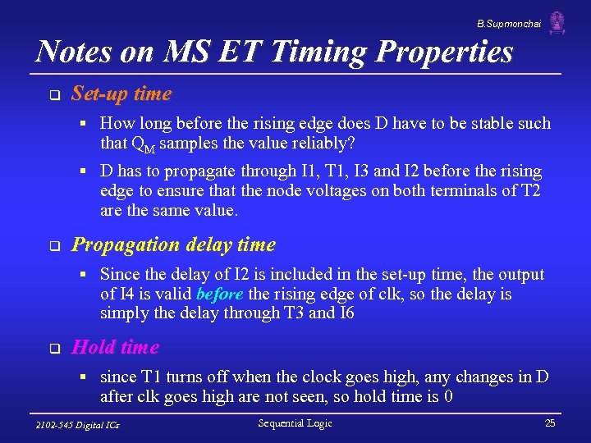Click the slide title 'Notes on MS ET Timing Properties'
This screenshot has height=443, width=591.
click(275, 52)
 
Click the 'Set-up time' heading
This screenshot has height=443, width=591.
click(121, 94)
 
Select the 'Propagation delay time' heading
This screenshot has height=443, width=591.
click(173, 244)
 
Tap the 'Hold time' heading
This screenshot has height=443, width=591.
click(115, 347)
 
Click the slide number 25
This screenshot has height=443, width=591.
click(549, 423)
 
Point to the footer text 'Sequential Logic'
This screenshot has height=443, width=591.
click(295, 423)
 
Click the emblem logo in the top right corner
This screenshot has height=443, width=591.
click(557, 22)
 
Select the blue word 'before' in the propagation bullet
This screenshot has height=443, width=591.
click(219, 295)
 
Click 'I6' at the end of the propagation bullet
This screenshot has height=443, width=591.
click(346, 314)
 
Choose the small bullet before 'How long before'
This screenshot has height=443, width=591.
click(84, 124)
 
